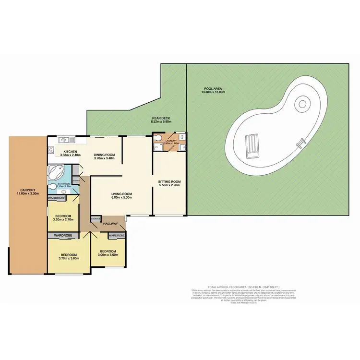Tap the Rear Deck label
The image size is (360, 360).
(x=161, y=118)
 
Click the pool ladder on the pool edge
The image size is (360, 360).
(x=301, y=142)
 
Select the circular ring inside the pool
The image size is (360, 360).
(x=302, y=103)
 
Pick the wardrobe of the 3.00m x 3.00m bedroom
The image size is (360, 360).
(x=116, y=236)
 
